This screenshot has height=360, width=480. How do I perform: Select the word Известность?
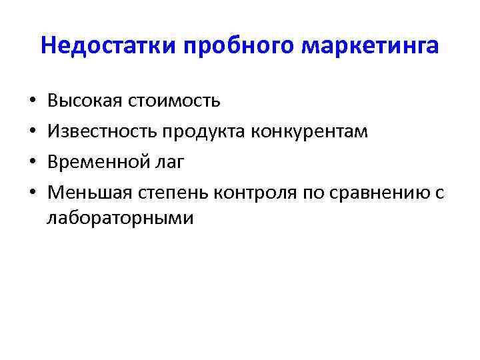pyautogui.click(x=100, y=131)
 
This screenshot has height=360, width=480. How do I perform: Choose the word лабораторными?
pyautogui.click(x=121, y=217)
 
